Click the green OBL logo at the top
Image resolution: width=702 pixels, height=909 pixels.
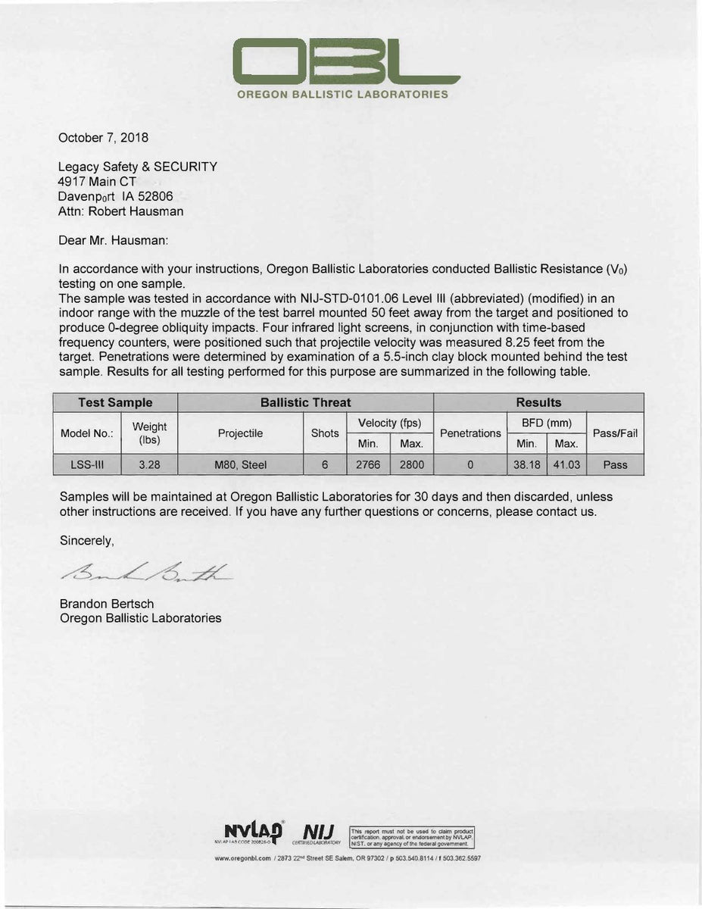[x=345, y=62]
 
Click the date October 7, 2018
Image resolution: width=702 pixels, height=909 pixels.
[x=104, y=138]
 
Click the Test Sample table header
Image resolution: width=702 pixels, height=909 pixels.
[x=115, y=403]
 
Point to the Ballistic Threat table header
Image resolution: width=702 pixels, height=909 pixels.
[x=305, y=403]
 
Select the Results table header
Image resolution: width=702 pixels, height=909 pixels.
[x=538, y=403]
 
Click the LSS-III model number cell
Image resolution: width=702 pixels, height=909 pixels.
[x=81, y=464]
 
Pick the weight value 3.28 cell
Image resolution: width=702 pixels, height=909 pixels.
[x=149, y=464]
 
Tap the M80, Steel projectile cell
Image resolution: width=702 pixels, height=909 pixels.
[x=240, y=464]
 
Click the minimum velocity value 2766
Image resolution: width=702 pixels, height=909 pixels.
[x=368, y=464]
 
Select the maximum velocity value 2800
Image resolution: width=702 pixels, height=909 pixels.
[x=411, y=464]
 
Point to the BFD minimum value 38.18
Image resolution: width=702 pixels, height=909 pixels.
[x=526, y=464]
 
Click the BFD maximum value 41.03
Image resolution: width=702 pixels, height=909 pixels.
[x=566, y=464]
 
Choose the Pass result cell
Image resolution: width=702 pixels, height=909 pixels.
[x=615, y=464]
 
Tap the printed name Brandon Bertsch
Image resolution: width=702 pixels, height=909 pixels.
[x=107, y=604]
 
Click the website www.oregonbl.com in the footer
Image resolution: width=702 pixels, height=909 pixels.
[x=243, y=858]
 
